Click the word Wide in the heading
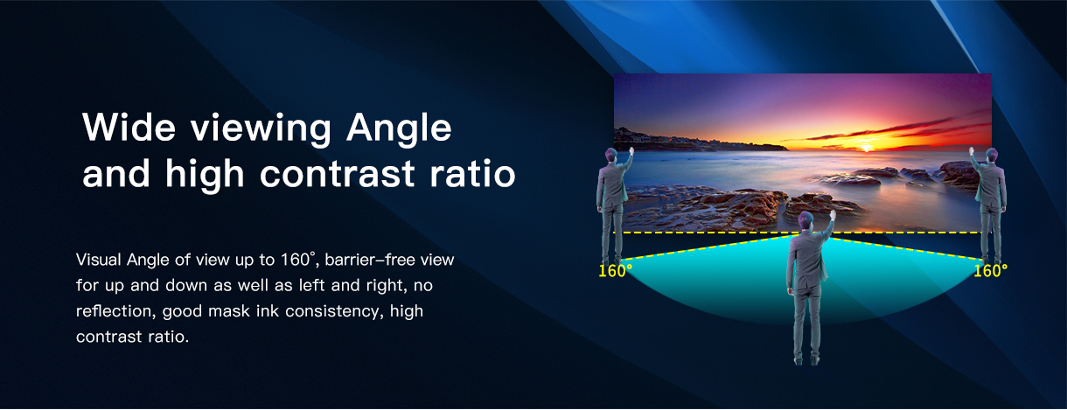[129, 127]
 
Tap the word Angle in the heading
[399, 129]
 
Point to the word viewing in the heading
[261, 129]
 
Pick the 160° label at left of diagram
[615, 271]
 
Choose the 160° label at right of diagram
[990, 271]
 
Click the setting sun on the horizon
[867, 148]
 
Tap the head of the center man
[805, 220]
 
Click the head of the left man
[611, 156]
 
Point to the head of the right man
[991, 156]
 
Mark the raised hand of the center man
[832, 215]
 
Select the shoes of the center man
[806, 360]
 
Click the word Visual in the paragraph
[99, 260]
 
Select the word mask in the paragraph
[228, 311]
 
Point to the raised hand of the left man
[631, 150]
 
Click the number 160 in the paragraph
[296, 260]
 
